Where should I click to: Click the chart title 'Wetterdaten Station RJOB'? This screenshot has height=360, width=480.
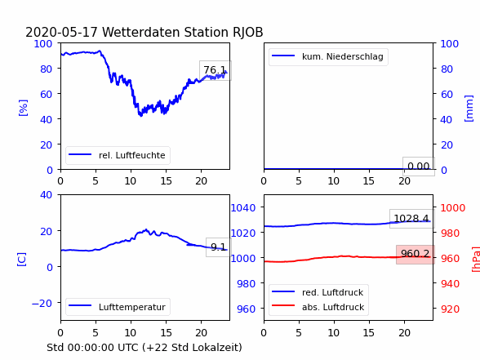tap(183, 32)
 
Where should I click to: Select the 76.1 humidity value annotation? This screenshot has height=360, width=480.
tap(216, 70)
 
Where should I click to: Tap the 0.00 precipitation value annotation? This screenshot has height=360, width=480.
tap(419, 167)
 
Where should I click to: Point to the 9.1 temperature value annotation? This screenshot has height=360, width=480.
tap(218, 247)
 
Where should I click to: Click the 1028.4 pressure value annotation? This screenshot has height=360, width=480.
tap(411, 219)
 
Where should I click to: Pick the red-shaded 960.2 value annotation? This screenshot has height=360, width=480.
tap(415, 254)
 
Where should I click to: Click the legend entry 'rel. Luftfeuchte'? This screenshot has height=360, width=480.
tap(132, 155)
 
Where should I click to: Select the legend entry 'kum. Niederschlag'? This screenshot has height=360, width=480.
tap(343, 56)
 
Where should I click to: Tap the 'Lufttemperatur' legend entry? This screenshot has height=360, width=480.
tap(132, 307)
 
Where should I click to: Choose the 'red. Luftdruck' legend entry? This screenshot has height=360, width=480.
tap(332, 292)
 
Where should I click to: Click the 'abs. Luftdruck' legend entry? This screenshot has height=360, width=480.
tap(333, 307)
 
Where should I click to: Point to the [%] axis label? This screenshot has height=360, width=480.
tap(23, 108)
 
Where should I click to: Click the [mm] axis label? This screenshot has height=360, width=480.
tap(469, 109)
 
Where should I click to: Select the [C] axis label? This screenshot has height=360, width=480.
tap(22, 260)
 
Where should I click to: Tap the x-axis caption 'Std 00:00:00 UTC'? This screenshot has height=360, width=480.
tap(95, 348)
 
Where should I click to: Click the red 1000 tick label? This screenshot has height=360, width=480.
tap(453, 208)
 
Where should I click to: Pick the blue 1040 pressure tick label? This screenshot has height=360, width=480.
tap(243, 208)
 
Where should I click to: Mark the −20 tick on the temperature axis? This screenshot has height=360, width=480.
tap(42, 304)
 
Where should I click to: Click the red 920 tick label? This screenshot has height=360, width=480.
tap(450, 309)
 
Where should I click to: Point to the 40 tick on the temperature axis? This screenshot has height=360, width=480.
tap(46, 194)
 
